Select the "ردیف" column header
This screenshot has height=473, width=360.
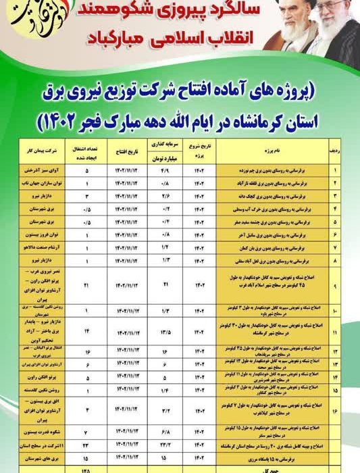point(335,150)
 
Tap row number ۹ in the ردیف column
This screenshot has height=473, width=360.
point(335,287)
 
